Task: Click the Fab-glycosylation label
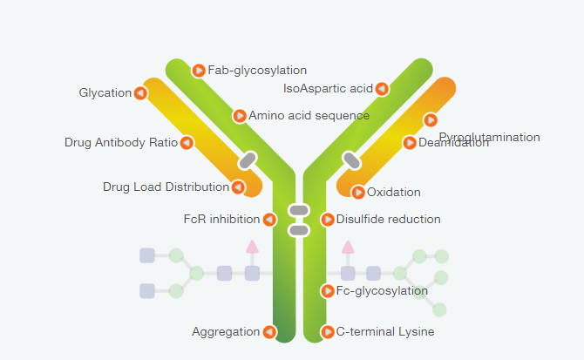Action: [x=257, y=70]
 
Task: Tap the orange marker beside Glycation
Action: [x=140, y=93]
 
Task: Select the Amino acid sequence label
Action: [x=309, y=115]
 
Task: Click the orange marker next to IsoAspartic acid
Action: [x=382, y=88]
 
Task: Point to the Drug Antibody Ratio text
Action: [x=120, y=142]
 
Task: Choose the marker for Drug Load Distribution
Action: [x=237, y=187]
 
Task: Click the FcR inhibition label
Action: [x=221, y=219]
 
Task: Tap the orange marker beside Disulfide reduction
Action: [x=328, y=219]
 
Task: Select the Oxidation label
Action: [x=393, y=192]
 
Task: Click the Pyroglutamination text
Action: [x=489, y=137]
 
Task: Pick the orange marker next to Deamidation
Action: [x=410, y=143]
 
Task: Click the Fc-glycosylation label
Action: [x=382, y=290]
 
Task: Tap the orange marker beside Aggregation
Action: [x=269, y=331]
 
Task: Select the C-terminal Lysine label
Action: [x=384, y=331]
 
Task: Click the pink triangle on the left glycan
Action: [x=252, y=247]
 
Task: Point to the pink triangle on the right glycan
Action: [x=348, y=247]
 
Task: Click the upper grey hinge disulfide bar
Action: [x=299, y=210]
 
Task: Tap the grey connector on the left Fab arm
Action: [x=248, y=160]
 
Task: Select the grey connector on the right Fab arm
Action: [x=351, y=160]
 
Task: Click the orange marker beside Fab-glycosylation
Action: [x=199, y=71]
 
